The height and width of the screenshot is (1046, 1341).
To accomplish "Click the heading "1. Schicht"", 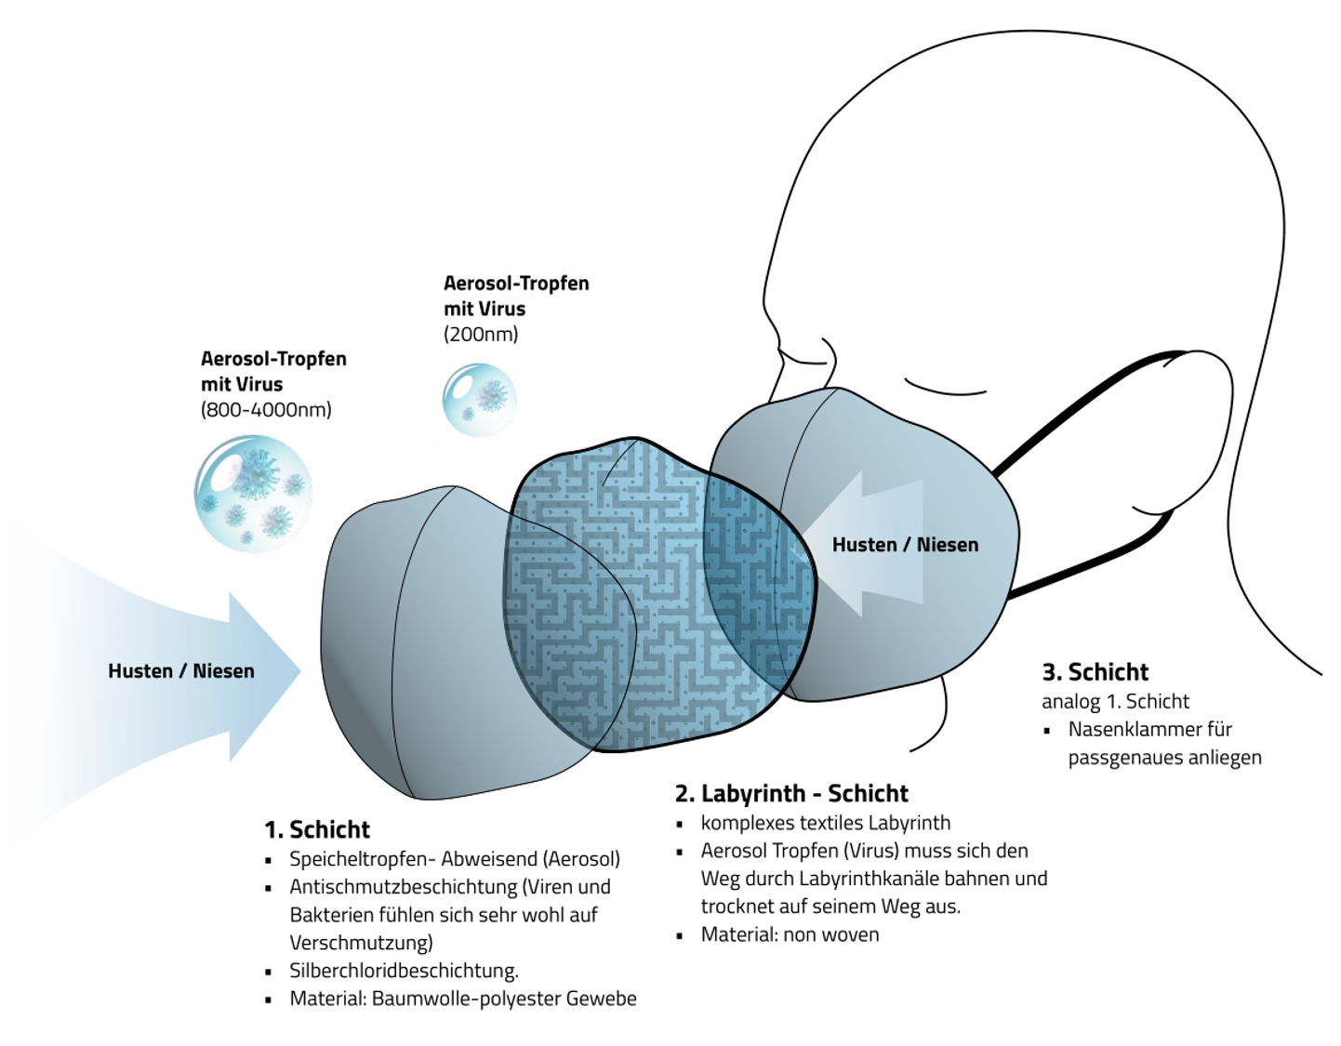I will pyautogui.click(x=317, y=829).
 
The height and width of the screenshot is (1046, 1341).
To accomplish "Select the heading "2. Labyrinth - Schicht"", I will pyautogui.click(x=791, y=793).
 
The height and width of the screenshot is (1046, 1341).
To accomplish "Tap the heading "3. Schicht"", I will pyautogui.click(x=1095, y=672).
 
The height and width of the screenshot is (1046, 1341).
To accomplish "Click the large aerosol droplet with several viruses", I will pyautogui.click(x=253, y=493).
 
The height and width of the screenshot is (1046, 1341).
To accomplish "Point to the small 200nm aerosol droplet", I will pyautogui.click(x=479, y=400).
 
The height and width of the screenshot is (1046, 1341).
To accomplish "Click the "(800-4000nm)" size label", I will pyautogui.click(x=266, y=410).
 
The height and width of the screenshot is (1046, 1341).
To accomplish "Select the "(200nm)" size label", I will pyautogui.click(x=481, y=335).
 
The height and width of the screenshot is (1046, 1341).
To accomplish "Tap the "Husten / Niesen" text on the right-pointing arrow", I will pyautogui.click(x=180, y=671).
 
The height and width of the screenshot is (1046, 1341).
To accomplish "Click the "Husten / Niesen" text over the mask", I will pyautogui.click(x=905, y=545).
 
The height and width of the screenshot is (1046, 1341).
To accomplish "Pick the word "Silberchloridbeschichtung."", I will pyautogui.click(x=404, y=971).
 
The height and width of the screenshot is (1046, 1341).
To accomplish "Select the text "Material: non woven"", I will pyautogui.click(x=790, y=934).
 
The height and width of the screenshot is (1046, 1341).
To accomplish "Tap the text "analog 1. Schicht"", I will pyautogui.click(x=1115, y=701).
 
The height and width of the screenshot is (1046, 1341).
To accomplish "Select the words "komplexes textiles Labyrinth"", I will pyautogui.click(x=825, y=823).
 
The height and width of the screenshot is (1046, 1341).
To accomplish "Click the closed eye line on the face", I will pyautogui.click(x=944, y=388).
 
